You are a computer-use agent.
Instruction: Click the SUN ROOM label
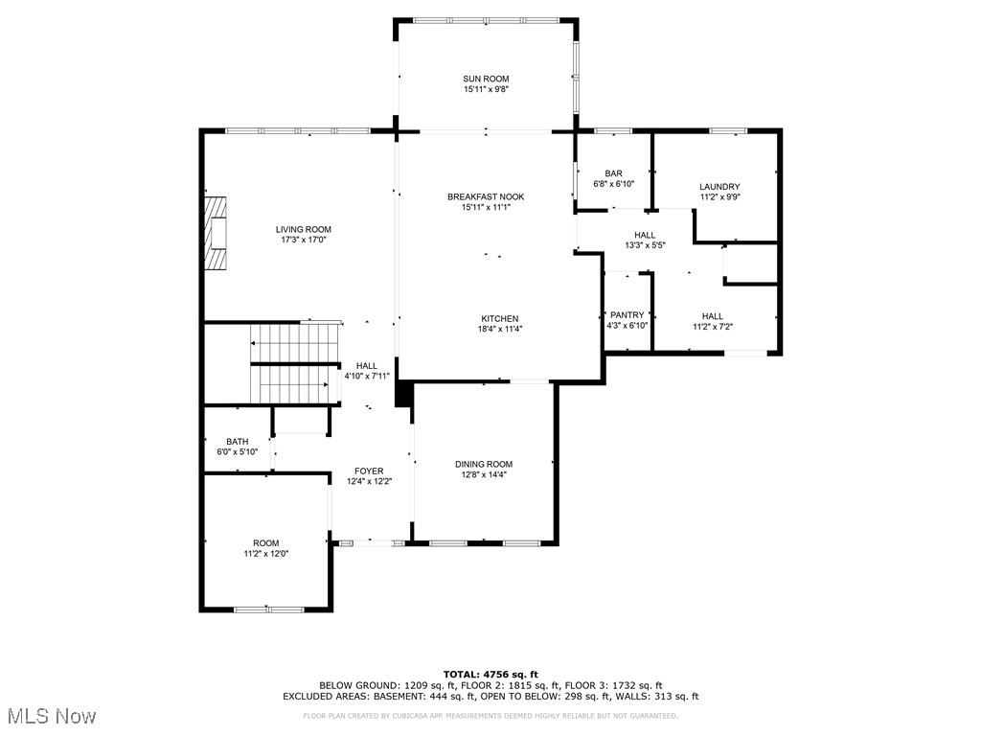[486, 79]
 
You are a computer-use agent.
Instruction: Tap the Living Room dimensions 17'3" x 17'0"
[304, 240]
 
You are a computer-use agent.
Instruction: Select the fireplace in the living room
[217, 234]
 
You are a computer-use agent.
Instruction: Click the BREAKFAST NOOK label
[486, 196]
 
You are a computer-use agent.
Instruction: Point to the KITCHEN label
[499, 318]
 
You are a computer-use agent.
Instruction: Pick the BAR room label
[613, 172]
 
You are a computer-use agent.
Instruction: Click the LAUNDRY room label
[719, 187]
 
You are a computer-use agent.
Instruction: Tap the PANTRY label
[627, 314]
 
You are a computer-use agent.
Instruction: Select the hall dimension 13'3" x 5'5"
[645, 245]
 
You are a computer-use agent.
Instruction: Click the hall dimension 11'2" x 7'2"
[712, 327]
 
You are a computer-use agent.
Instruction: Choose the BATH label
[237, 441]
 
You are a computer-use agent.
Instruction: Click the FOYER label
[369, 471]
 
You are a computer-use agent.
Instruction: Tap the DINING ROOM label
[484, 464]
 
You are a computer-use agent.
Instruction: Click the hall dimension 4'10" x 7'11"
[367, 376]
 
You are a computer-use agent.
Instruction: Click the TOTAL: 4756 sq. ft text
[490, 674]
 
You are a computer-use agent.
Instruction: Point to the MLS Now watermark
[50, 716]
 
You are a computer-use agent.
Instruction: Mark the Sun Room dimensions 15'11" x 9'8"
[486, 89]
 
